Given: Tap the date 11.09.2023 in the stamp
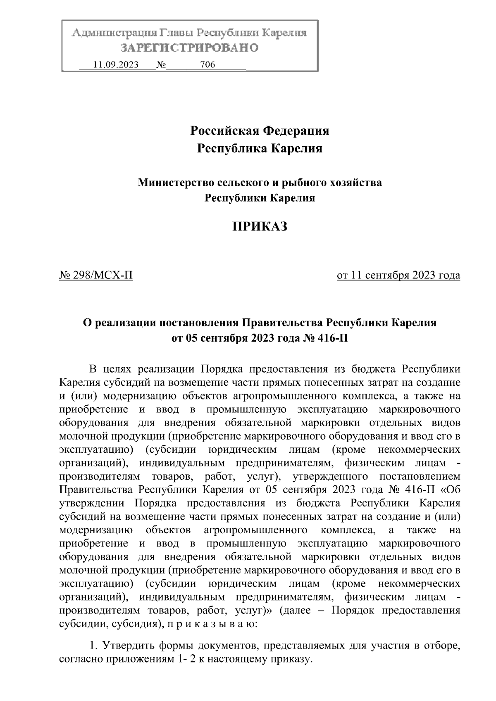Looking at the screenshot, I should pos(116,65).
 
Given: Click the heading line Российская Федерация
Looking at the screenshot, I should pos(260,131).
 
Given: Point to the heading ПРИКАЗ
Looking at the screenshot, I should pos(260,226).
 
